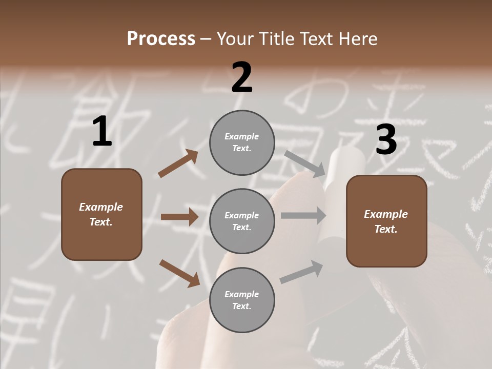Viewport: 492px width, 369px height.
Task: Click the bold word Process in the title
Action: (161, 38)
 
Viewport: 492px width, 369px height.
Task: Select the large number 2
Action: (242, 77)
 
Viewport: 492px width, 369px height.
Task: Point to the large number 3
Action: (386, 139)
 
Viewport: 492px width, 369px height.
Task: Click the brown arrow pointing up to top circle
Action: (178, 163)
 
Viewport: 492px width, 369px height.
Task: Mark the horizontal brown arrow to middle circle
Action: (179, 217)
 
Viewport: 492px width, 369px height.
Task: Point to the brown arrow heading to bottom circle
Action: (179, 273)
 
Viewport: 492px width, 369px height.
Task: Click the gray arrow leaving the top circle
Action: (305, 163)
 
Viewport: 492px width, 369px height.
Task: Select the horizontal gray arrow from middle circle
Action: (303, 216)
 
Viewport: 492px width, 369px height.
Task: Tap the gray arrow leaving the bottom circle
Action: (302, 272)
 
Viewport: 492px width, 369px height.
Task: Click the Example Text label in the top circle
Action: (242, 142)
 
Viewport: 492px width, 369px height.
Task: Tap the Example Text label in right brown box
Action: (386, 221)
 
